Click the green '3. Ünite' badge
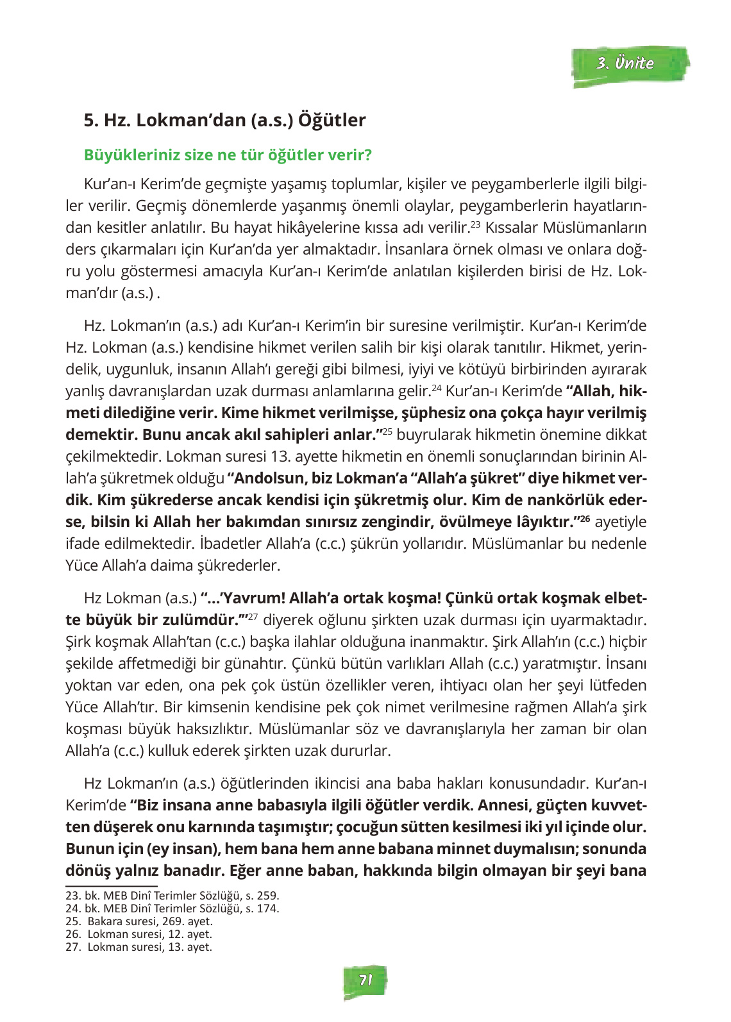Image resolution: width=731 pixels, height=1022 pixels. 630,65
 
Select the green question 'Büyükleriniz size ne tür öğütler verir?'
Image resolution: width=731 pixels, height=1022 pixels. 228,155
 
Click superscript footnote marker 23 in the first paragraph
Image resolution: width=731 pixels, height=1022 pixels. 475,224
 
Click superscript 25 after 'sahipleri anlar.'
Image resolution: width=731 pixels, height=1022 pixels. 387,431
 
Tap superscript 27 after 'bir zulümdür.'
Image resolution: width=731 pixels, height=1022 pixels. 253,617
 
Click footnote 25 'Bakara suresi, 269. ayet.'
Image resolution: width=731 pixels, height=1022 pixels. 139,921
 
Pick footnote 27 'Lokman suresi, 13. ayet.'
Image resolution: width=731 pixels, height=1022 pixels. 139,947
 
